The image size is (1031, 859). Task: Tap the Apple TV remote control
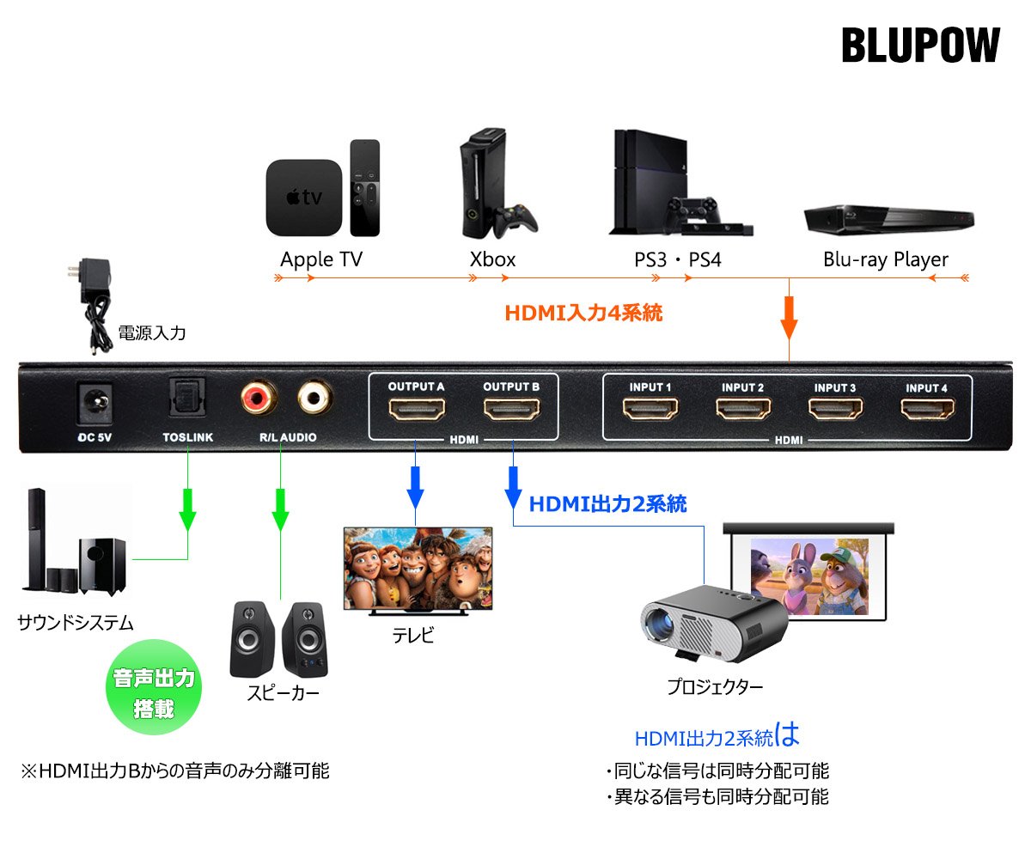point(364,187)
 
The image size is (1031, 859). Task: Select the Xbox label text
point(492,259)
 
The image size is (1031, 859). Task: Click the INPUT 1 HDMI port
point(650,409)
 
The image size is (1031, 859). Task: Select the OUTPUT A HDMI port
point(416,411)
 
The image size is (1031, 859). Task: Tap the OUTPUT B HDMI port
point(511,411)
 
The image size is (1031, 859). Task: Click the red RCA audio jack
point(257,398)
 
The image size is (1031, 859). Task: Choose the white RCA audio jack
point(314,398)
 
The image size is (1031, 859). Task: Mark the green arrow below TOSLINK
point(187,513)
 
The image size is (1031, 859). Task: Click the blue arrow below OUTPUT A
point(415,486)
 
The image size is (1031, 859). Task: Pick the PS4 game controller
point(692,209)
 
